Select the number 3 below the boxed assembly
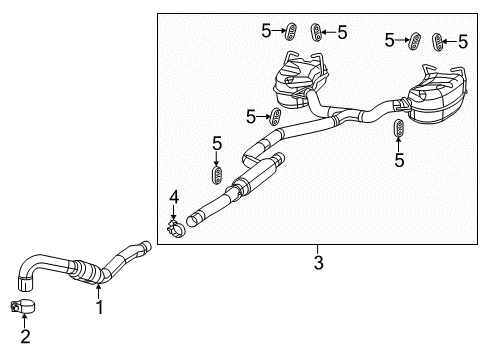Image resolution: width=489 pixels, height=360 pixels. point(318,263)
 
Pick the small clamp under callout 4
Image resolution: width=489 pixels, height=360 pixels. point(175,233)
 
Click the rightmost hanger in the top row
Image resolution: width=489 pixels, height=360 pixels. point(437,41)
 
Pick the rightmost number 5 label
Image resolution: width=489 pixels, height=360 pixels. point(463,41)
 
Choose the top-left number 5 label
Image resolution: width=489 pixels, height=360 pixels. point(267,31)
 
